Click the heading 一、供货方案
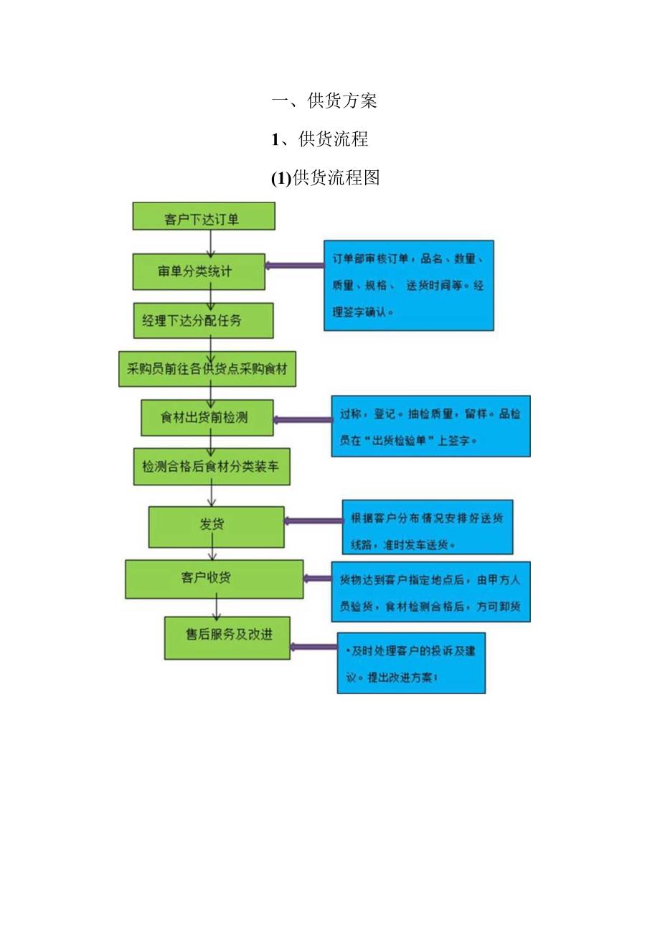pyautogui.click(x=324, y=101)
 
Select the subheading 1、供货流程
pyautogui.click(x=320, y=139)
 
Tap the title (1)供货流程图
pyautogui.click(x=325, y=177)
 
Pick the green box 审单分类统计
pyautogui.click(x=199, y=271)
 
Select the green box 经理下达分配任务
pyautogui.click(x=203, y=320)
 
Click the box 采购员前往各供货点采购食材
pyautogui.click(x=207, y=368)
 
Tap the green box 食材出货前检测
pyautogui.click(x=207, y=417)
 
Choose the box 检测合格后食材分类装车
pyautogui.click(x=212, y=466)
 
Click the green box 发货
pyautogui.click(x=215, y=526)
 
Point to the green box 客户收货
pyautogui.click(x=214, y=579)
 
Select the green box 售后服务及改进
pyautogui.click(x=227, y=637)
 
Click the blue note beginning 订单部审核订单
pyautogui.click(x=408, y=285)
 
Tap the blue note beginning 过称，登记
pyautogui.click(x=430, y=426)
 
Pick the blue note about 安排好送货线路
pyautogui.click(x=427, y=526)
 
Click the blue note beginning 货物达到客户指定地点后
pyautogui.click(x=430, y=592)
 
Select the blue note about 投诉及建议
pyautogui.click(x=411, y=663)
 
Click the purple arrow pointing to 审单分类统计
pyautogui.click(x=294, y=266)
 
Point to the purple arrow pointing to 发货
pyautogui.click(x=313, y=521)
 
